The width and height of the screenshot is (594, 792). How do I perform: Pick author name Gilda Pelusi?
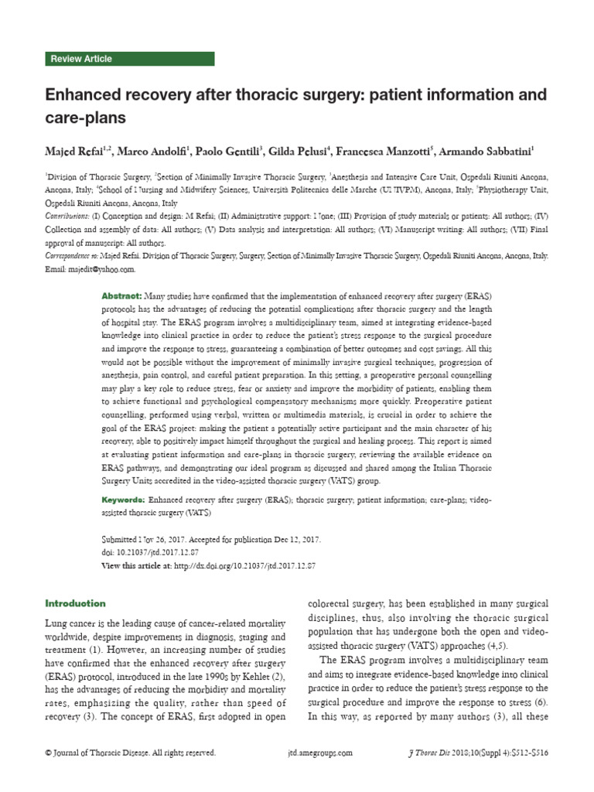[x=304, y=148]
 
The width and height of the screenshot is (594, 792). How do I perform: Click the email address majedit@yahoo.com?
[x=101, y=270]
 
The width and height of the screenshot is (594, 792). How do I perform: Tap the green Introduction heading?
[x=75, y=603]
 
